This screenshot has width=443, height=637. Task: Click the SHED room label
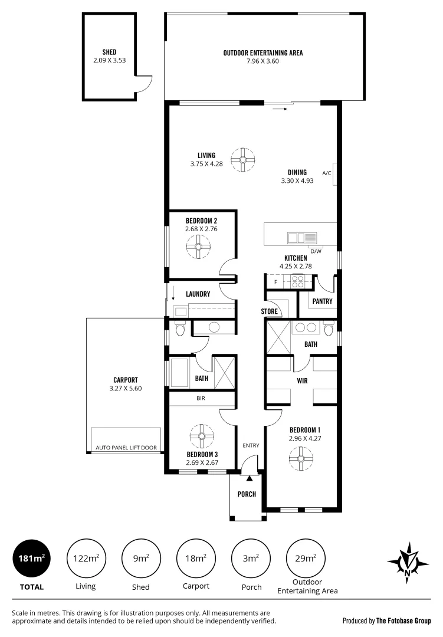pyautogui.click(x=109, y=52)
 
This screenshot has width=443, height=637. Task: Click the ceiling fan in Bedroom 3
pyautogui.click(x=202, y=436)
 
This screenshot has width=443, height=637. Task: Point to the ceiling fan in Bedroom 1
pyautogui.click(x=301, y=458)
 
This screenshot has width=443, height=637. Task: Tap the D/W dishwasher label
pyautogui.click(x=316, y=251)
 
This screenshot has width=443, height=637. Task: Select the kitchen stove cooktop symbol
pyautogui.click(x=297, y=282)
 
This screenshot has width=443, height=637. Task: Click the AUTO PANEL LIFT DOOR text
pyautogui.click(x=126, y=448)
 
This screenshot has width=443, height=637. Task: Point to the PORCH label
pyautogui.click(x=247, y=494)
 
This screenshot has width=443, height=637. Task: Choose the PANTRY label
pyautogui.click(x=322, y=301)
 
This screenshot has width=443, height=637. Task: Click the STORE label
pyautogui.click(x=269, y=311)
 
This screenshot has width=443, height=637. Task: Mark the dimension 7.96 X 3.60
pyautogui.click(x=263, y=61)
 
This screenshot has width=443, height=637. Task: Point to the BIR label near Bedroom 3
pyautogui.click(x=201, y=398)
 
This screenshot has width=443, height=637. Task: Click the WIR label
pyautogui.click(x=302, y=381)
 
